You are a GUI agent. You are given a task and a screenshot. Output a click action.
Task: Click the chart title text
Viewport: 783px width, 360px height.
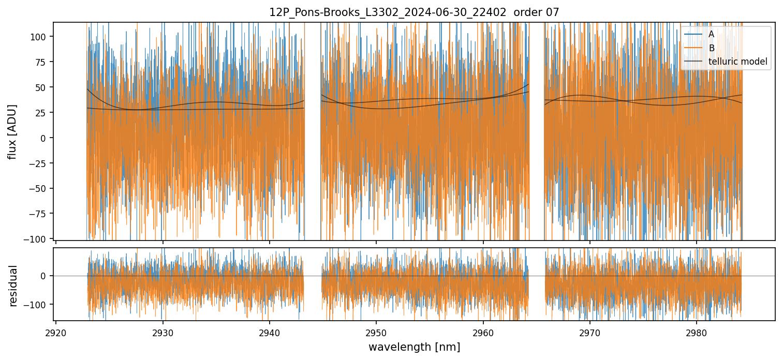click(414, 12)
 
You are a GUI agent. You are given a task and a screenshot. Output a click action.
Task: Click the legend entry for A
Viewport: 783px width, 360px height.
click(711, 34)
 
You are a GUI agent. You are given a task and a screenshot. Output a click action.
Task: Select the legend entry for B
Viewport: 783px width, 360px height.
click(711, 48)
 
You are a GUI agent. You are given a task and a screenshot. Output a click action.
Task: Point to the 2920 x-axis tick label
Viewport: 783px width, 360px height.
click(56, 331)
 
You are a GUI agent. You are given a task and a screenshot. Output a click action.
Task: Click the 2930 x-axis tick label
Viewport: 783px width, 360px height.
click(162, 331)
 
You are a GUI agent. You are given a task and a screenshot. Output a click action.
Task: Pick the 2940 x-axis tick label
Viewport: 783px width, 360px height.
click(270, 331)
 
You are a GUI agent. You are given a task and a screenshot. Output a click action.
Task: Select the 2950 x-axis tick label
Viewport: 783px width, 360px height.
click(376, 331)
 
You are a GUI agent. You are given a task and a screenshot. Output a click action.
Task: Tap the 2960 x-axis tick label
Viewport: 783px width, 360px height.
click(483, 331)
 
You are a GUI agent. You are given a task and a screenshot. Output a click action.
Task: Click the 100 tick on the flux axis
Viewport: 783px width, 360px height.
click(41, 37)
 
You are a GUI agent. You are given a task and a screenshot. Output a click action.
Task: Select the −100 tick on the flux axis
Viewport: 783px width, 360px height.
click(39, 239)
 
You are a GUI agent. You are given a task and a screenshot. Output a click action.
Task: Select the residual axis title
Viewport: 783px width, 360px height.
click(13, 286)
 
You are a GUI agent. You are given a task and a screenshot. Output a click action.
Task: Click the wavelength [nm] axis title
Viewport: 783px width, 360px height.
click(414, 347)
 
